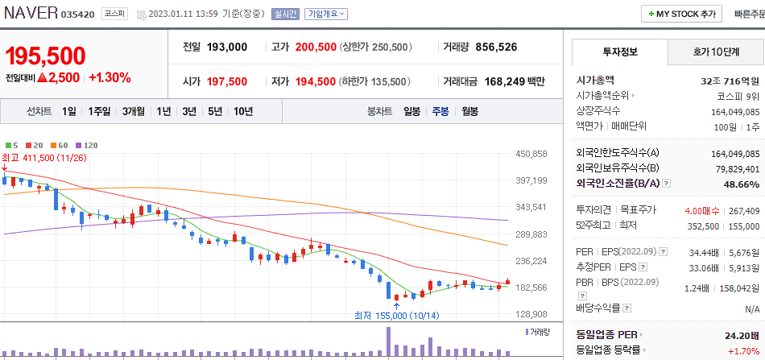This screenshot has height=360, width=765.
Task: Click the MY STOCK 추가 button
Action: (681, 14)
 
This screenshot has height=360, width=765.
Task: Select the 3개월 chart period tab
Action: (134, 111)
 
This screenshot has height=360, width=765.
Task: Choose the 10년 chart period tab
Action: (243, 111)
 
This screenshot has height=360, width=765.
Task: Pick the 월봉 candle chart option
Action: (470, 111)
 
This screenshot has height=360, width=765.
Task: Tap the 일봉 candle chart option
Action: (411, 111)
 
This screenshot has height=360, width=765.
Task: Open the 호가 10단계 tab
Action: (716, 52)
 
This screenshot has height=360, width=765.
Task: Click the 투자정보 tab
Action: (619, 52)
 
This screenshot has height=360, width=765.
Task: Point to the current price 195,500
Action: (45, 56)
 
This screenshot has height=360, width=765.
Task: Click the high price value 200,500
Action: (316, 48)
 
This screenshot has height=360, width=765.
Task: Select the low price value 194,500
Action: (316, 81)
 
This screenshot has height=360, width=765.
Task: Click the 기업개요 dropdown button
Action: (326, 14)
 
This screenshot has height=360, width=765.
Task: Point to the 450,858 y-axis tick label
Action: (531, 154)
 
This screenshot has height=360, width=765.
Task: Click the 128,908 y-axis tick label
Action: (531, 314)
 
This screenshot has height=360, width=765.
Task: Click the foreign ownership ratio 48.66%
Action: (742, 184)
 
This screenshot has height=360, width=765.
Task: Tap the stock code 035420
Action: (78, 14)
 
